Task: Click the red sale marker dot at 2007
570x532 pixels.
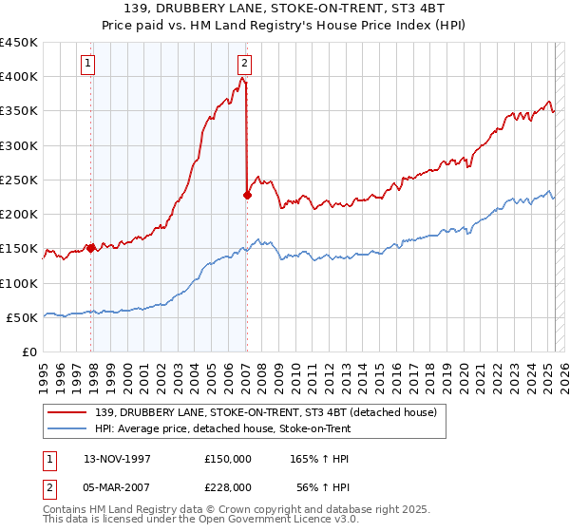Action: click(247, 195)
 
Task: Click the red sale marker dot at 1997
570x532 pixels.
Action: click(91, 248)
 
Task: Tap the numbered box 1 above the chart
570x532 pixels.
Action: click(87, 64)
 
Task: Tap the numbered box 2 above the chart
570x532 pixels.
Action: click(244, 64)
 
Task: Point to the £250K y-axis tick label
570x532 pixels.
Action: click(19, 180)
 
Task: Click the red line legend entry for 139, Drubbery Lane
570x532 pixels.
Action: click(265, 412)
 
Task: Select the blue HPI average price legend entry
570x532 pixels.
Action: click(222, 429)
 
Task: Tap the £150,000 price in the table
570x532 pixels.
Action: click(228, 458)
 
